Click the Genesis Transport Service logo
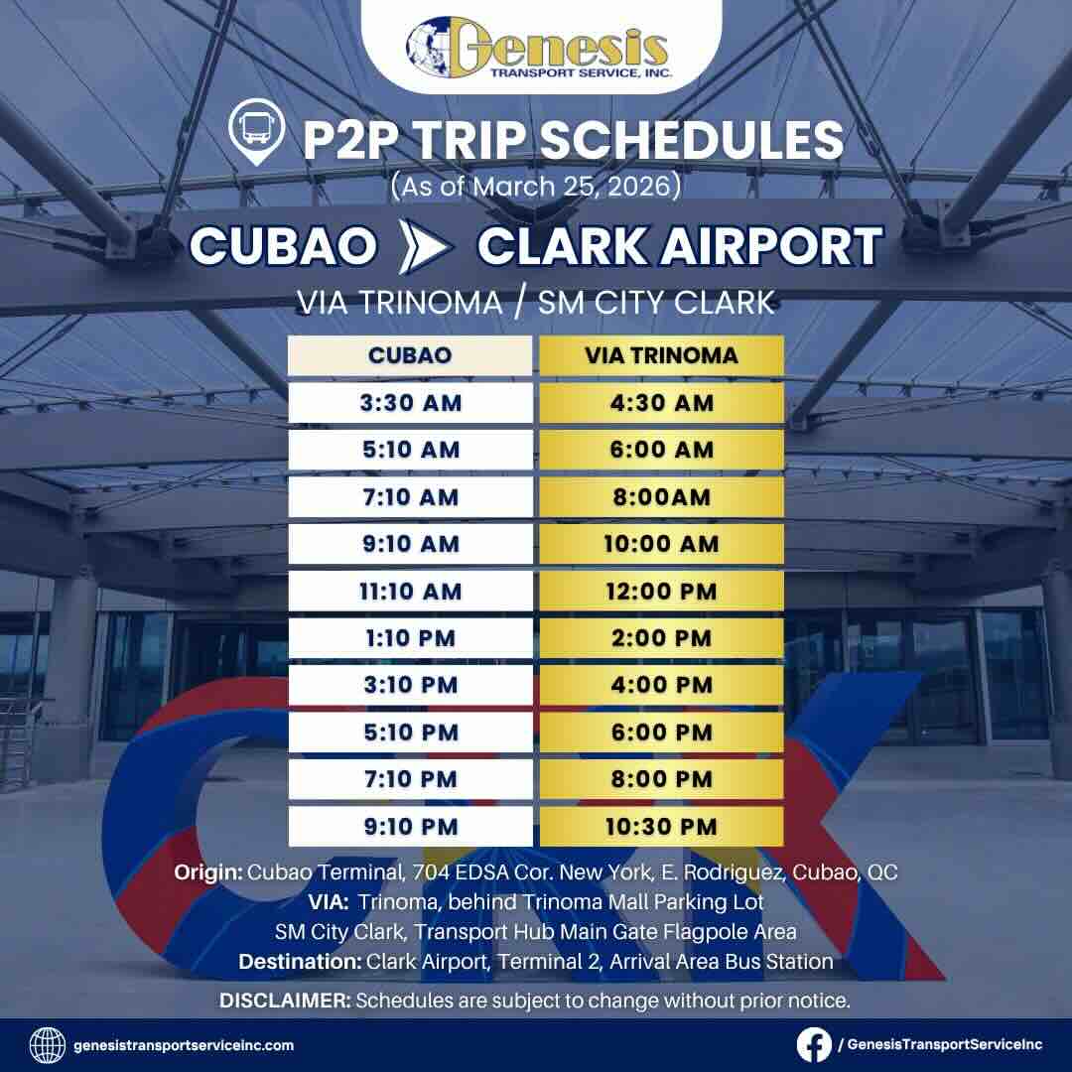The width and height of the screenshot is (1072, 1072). (x=537, y=48)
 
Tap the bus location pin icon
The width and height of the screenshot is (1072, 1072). (x=251, y=134)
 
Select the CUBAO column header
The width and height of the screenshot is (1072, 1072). (x=410, y=355)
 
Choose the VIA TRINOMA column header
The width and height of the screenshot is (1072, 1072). (x=661, y=355)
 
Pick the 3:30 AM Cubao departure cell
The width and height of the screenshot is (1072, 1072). (x=410, y=403)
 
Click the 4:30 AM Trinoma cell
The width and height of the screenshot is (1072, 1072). (x=661, y=403)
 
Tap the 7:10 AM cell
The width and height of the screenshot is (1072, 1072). (x=410, y=496)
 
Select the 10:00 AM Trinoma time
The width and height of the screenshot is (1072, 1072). (x=661, y=544)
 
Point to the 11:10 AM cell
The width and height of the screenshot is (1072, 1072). (x=410, y=591)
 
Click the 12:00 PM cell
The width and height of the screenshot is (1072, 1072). (x=661, y=591)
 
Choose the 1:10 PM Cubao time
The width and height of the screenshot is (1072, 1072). (x=410, y=637)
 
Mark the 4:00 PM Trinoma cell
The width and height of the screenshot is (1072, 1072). (x=661, y=685)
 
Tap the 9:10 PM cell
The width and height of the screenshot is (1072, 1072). (x=410, y=826)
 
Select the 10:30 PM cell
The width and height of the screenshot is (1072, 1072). (x=661, y=826)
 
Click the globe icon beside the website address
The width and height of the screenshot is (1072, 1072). (x=48, y=1044)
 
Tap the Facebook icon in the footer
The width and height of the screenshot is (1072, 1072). (x=814, y=1044)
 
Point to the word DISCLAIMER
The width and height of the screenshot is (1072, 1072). (x=285, y=1001)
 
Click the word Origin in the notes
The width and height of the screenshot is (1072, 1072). (x=207, y=872)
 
